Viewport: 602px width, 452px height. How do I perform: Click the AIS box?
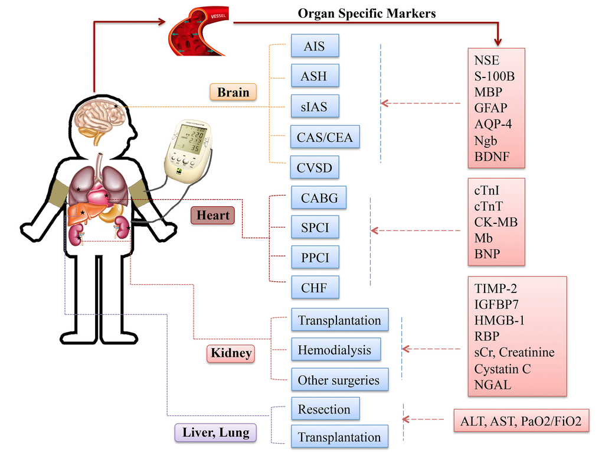[x=315, y=45]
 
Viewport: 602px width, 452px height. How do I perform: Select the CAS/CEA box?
[x=325, y=138]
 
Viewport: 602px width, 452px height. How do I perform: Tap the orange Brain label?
[x=233, y=92]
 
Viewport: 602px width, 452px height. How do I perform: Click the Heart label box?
[x=212, y=215]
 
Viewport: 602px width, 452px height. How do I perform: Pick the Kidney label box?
[x=231, y=353]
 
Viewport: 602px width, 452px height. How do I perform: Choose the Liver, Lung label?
[x=215, y=433]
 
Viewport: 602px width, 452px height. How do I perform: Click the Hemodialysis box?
[x=334, y=350]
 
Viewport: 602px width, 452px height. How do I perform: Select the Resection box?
[x=324, y=409]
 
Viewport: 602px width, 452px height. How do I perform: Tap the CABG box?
[x=319, y=197]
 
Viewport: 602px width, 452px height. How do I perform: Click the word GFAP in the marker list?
[x=490, y=108]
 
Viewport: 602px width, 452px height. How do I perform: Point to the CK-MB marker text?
[x=496, y=222]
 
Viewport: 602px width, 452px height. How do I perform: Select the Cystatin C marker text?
[x=502, y=369]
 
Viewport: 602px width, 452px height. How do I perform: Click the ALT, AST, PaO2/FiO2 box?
[x=521, y=421]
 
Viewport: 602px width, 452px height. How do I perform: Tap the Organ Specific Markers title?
[x=367, y=13]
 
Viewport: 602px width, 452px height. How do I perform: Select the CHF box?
[x=315, y=288]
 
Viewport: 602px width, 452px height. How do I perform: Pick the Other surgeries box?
[x=338, y=380]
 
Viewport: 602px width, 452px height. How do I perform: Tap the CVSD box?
[x=315, y=168]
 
